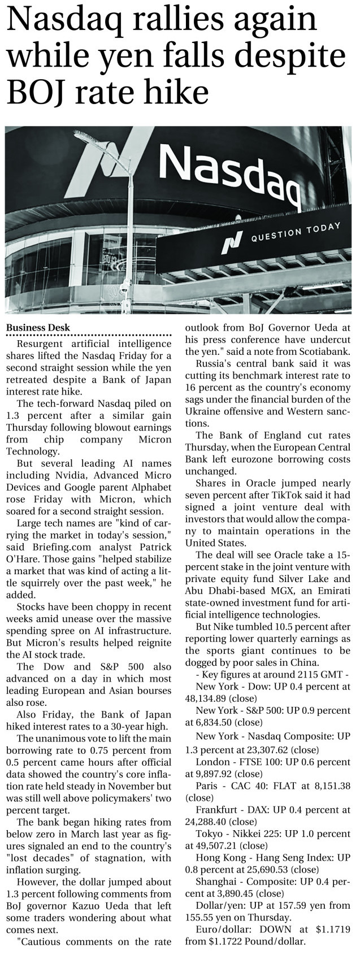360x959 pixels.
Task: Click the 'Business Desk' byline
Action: (38, 327)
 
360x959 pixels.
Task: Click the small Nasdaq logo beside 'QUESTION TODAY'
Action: (229, 242)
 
